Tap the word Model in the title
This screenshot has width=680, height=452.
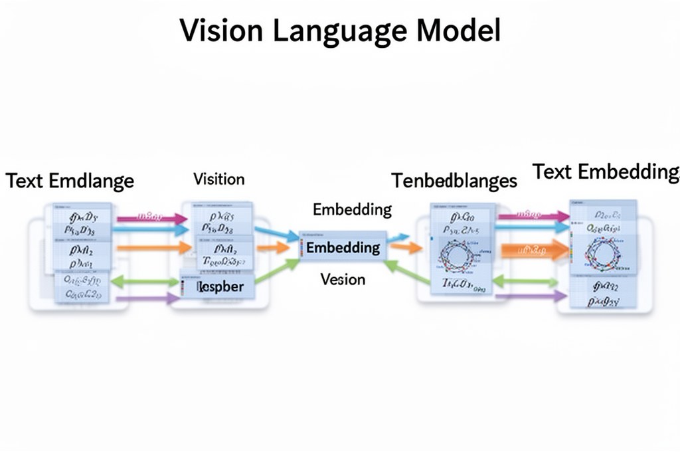click(x=458, y=30)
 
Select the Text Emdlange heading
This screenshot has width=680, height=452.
click(x=70, y=181)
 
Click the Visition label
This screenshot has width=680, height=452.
click(x=218, y=179)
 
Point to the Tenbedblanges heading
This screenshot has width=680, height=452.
click(x=454, y=180)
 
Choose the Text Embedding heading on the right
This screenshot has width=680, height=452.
click(x=606, y=171)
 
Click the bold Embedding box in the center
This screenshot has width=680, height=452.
click(x=343, y=248)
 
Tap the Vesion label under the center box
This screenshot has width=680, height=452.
click(x=343, y=279)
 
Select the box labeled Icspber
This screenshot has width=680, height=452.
click(x=220, y=287)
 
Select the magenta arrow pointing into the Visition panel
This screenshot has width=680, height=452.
click(x=152, y=217)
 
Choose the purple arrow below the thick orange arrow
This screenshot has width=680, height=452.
click(x=531, y=296)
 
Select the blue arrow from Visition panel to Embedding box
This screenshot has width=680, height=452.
click(x=276, y=233)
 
